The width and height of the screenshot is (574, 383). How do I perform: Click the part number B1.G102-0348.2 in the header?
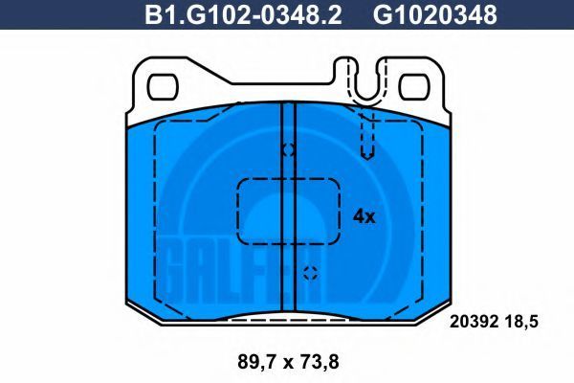click(x=243, y=14)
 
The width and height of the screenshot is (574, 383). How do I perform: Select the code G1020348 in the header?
click(x=435, y=14)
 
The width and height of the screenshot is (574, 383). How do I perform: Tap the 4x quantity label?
click(x=364, y=216)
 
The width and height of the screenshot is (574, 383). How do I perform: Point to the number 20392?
click(x=474, y=322)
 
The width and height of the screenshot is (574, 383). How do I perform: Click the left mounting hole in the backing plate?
click(x=163, y=87)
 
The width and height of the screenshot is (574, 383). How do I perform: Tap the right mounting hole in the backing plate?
click(x=414, y=87)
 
